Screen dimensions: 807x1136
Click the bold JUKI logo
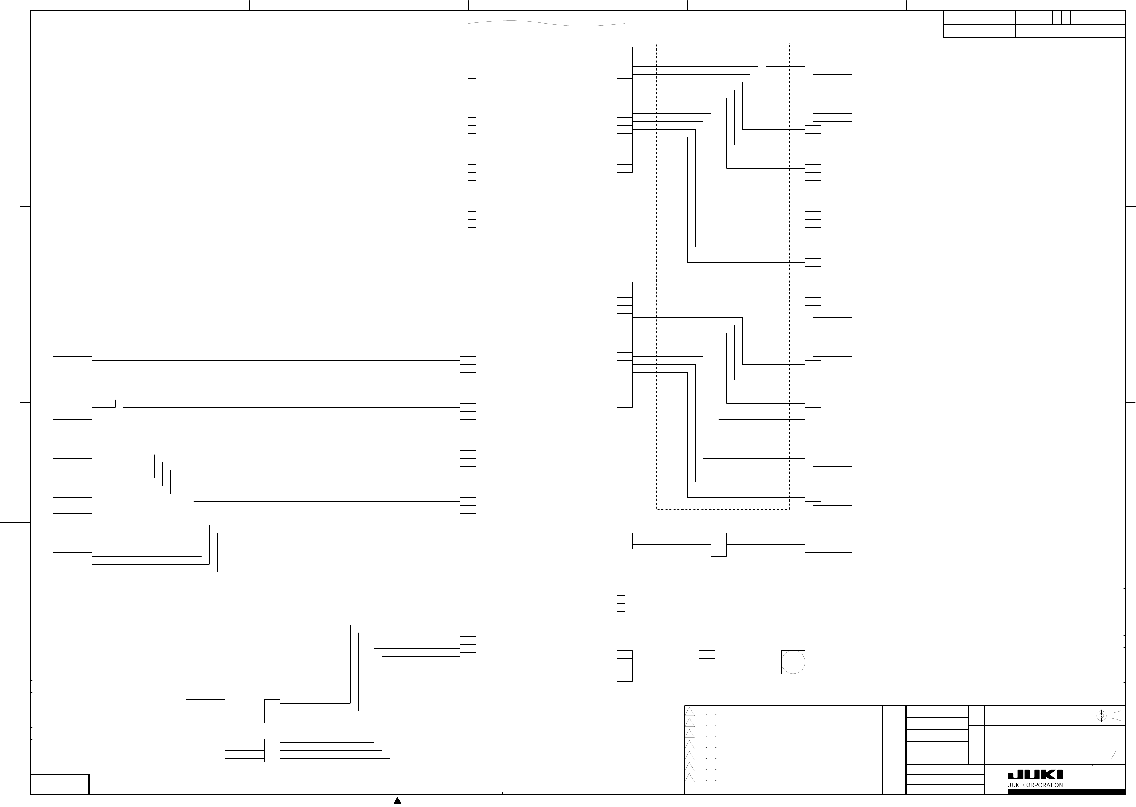click(x=1035, y=775)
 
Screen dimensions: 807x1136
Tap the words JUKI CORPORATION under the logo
click(x=1035, y=785)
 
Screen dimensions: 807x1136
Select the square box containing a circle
click(x=793, y=662)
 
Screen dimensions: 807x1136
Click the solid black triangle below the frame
click(x=397, y=800)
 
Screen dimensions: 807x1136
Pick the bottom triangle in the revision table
click(x=690, y=778)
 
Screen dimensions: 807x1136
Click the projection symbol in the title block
click(x=1109, y=716)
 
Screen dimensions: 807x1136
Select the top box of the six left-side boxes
click(x=72, y=368)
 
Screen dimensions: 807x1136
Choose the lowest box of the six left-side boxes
click(x=72, y=564)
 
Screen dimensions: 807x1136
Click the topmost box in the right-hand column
click(x=832, y=59)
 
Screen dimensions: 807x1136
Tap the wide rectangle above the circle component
click(x=828, y=541)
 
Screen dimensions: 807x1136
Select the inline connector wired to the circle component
click(x=707, y=662)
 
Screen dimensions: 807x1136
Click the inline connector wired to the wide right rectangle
click(x=718, y=544)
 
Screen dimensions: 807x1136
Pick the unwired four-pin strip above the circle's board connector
click(x=621, y=603)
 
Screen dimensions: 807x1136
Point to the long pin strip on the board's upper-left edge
click(x=472, y=141)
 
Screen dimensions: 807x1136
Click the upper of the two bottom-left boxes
click(x=205, y=711)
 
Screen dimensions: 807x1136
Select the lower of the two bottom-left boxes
click(x=205, y=750)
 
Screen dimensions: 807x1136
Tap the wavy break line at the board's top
click(x=547, y=23)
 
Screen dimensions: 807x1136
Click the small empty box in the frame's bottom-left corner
click(x=59, y=784)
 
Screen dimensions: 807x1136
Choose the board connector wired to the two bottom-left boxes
click(x=468, y=644)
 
